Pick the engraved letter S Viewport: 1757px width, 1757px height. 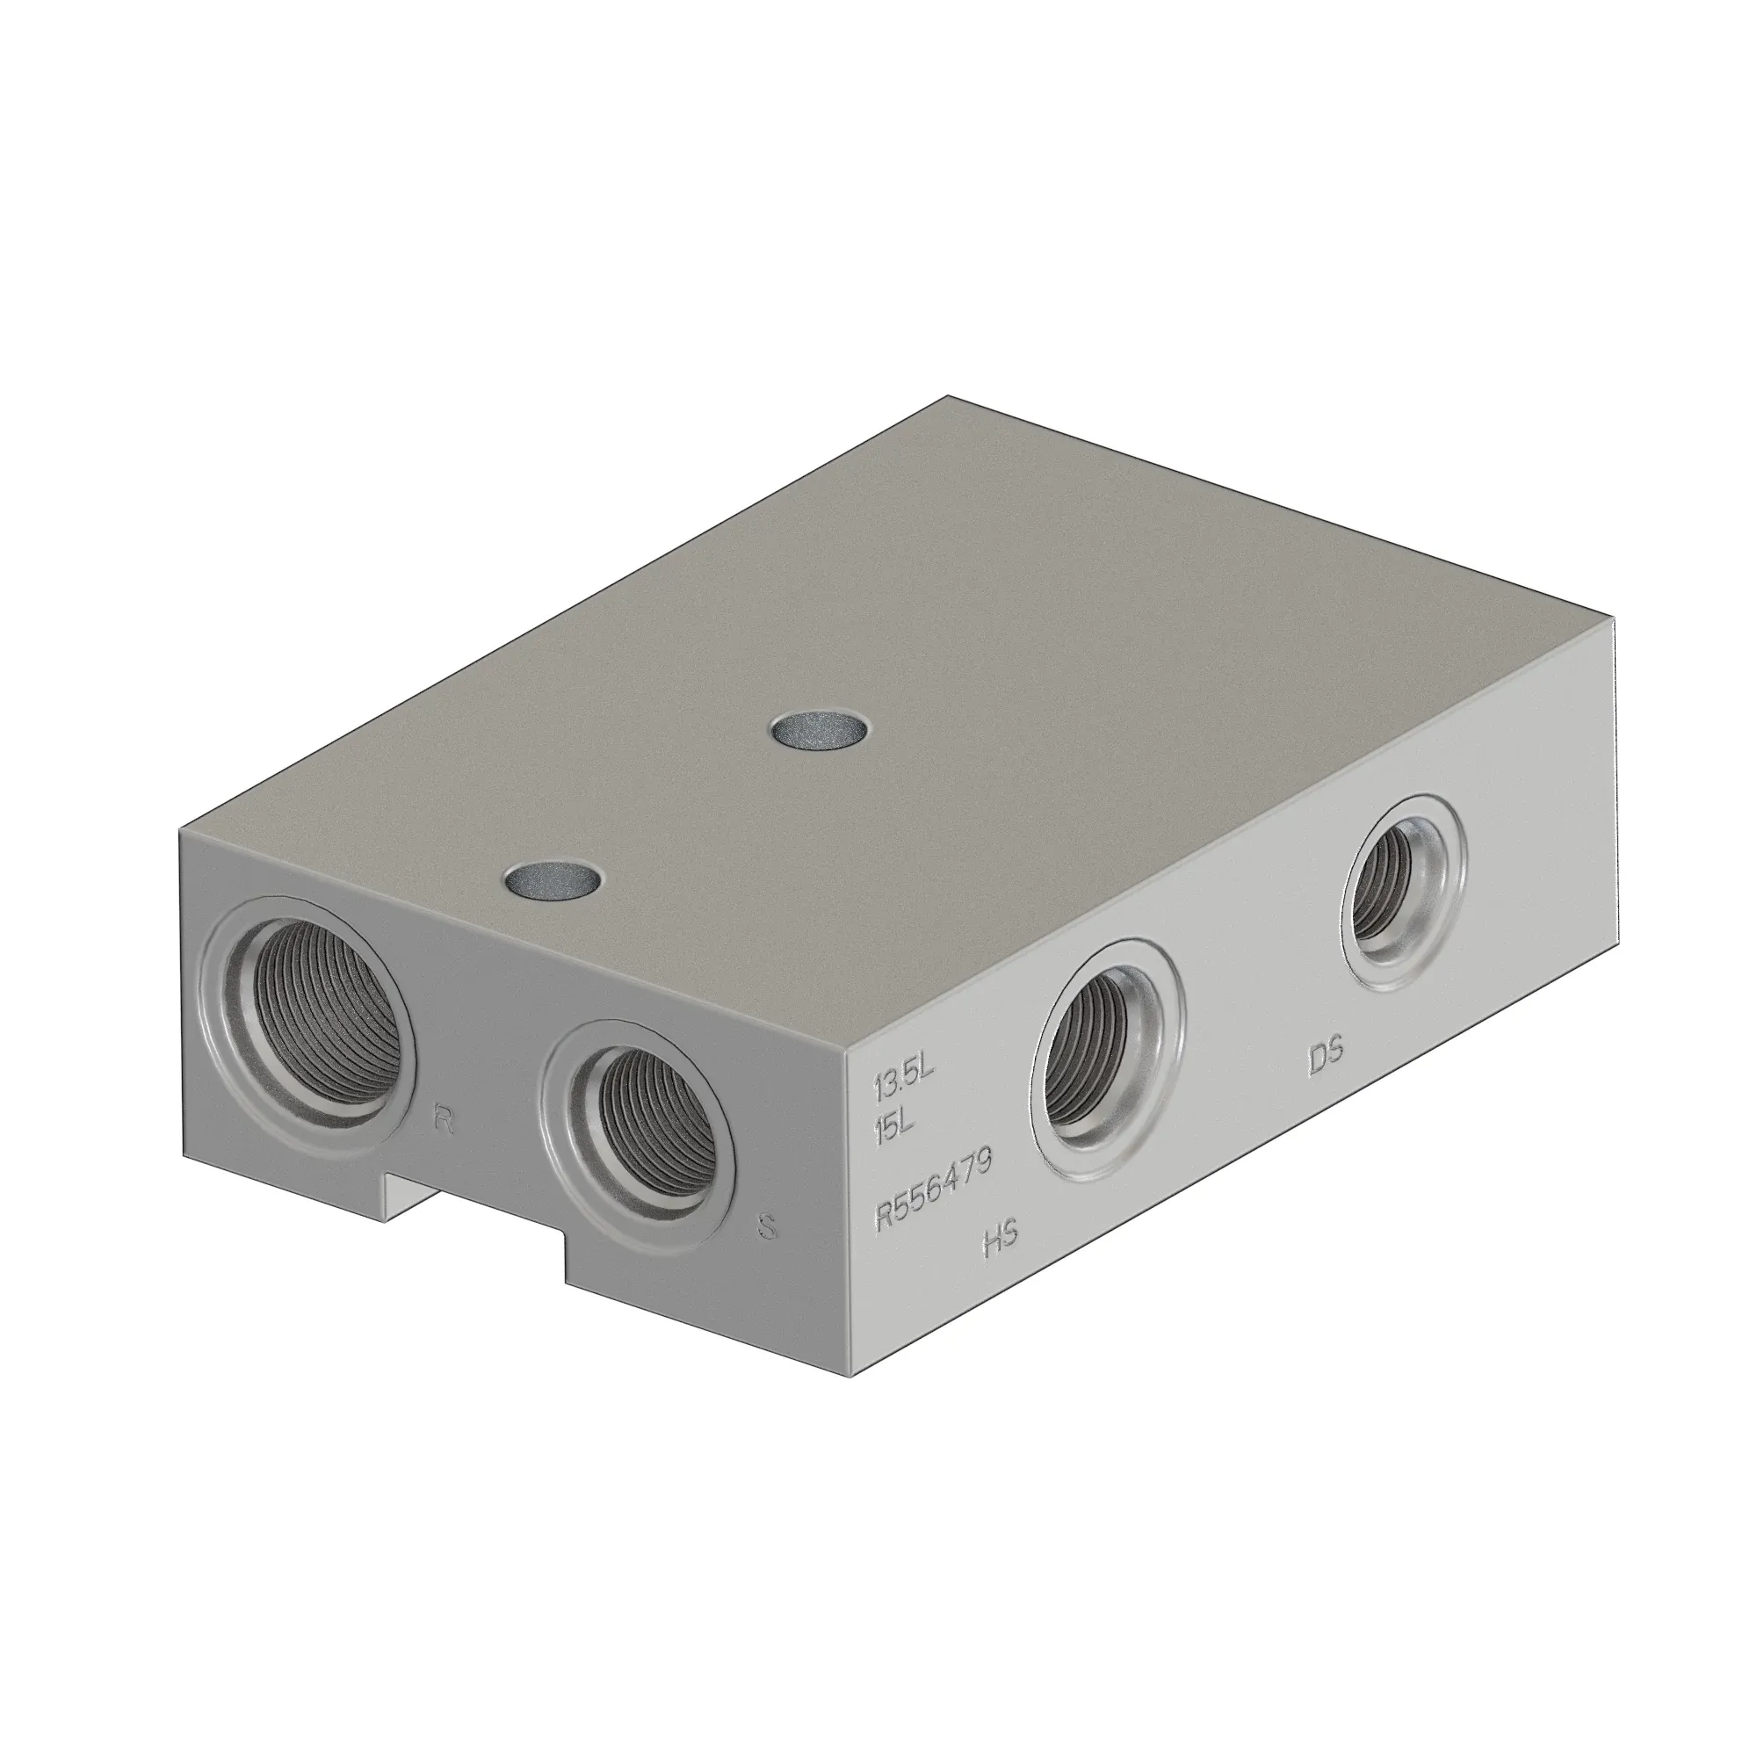767,1228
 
